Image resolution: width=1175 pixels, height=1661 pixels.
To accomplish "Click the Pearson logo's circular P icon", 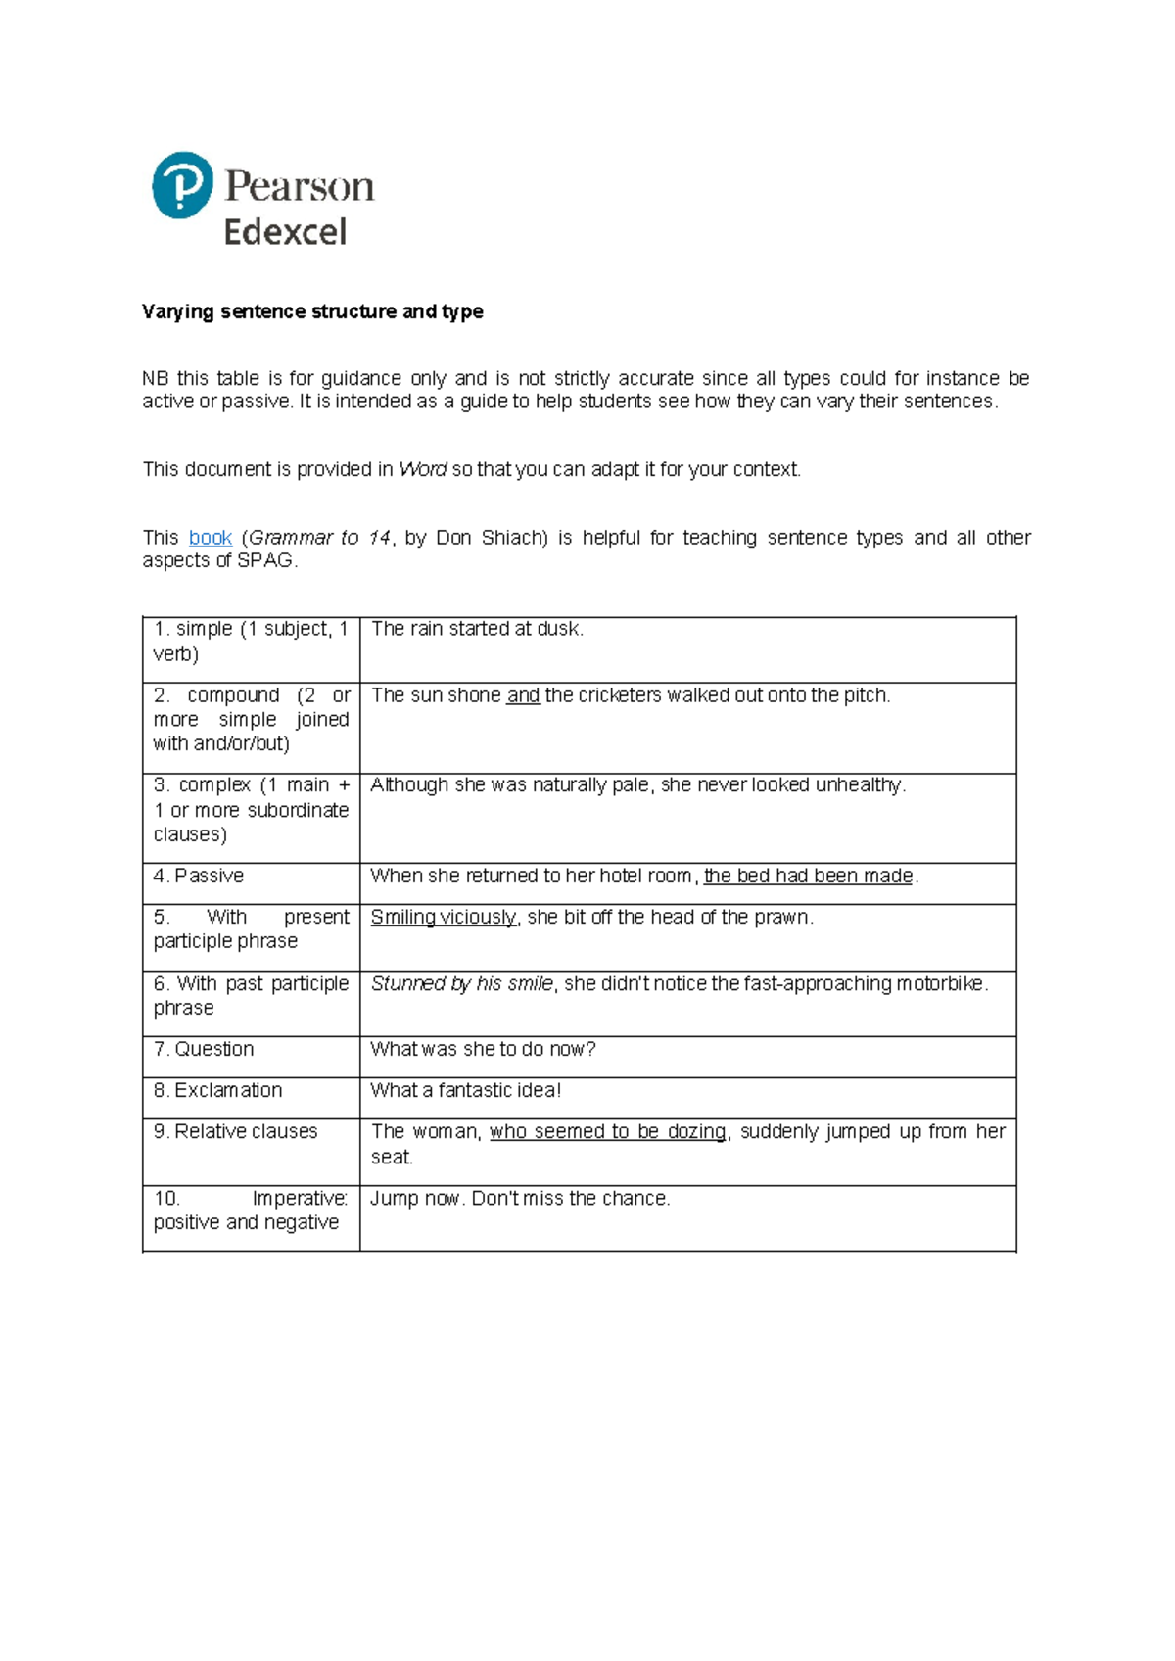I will tap(182, 185).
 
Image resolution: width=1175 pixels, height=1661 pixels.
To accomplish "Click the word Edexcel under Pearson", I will tap(285, 233).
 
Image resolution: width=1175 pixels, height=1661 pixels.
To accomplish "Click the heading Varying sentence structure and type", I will tap(312, 311).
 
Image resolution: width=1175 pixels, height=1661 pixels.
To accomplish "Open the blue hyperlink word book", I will tap(210, 538).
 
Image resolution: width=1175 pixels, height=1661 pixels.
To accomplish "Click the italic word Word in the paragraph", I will tap(422, 469).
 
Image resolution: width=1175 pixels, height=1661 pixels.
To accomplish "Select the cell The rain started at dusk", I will tap(477, 629).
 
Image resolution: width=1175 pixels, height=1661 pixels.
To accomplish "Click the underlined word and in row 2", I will tap(523, 695).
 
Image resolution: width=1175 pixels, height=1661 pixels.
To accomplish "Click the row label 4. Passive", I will tap(199, 876).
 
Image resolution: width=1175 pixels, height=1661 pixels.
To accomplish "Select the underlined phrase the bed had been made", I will tap(808, 876).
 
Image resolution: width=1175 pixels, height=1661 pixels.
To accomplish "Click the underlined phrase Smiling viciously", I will tap(443, 917).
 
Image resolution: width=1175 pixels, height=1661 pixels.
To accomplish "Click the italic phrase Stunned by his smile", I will tap(461, 983).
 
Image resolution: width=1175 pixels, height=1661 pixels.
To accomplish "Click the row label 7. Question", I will tap(204, 1049).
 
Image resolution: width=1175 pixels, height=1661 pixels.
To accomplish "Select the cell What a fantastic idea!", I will tap(465, 1090).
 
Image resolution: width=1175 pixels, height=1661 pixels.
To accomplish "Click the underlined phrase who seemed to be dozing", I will tap(607, 1131).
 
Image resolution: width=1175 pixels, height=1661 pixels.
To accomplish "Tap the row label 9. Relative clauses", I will tap(236, 1131).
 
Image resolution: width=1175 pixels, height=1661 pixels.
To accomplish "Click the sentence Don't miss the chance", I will tap(571, 1198).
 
